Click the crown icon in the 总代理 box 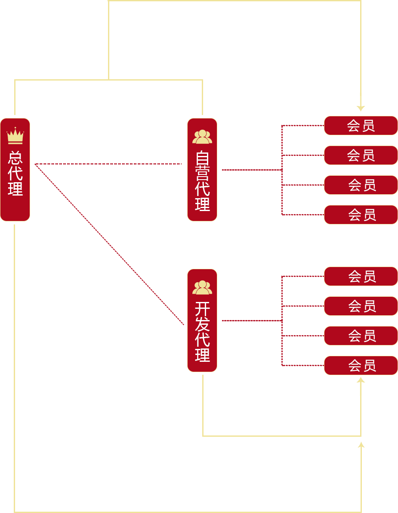(15, 136)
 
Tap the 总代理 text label (15, 173)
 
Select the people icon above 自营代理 (202, 137)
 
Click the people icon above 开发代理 (202, 287)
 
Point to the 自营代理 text (202, 181)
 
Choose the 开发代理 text (202, 332)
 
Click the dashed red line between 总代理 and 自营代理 (108, 164)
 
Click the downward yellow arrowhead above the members (361, 108)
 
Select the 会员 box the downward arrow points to (361, 125)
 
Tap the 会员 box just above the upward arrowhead (361, 365)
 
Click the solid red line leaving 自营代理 (252, 170)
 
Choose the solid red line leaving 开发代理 (252, 320)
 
